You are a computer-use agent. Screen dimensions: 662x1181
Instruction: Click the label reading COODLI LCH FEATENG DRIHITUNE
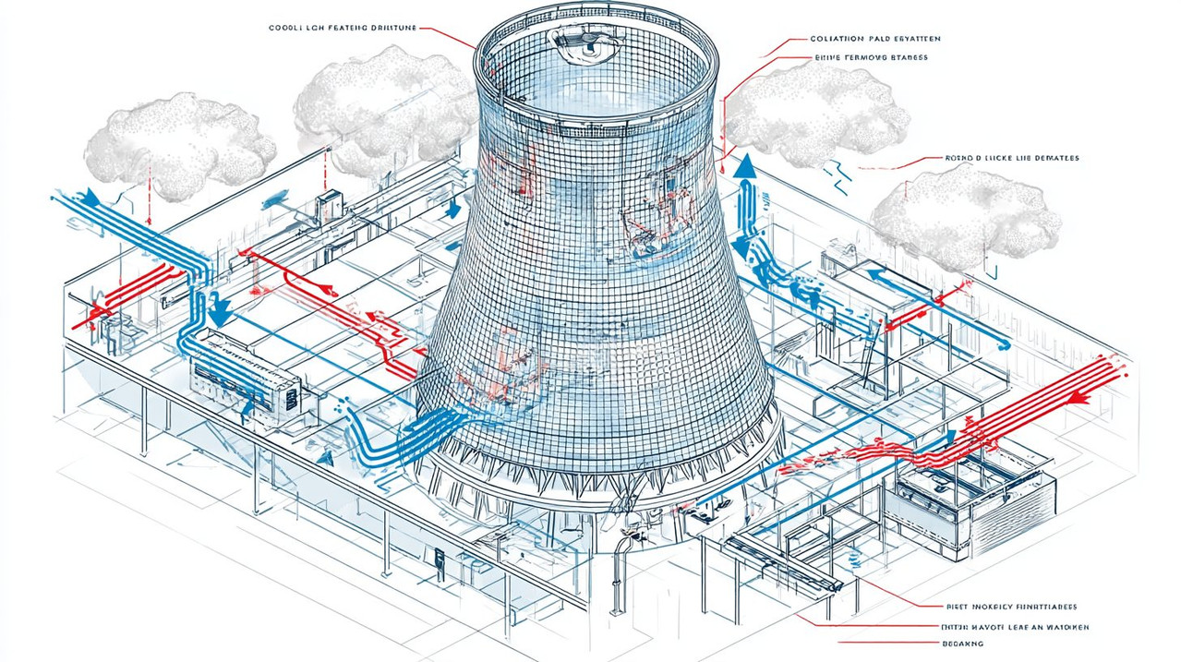pyautogui.click(x=338, y=29)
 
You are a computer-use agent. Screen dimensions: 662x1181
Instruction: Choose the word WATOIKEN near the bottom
pyautogui.click(x=1060, y=627)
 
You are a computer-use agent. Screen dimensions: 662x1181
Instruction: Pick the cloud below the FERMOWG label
pyautogui.click(x=813, y=112)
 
